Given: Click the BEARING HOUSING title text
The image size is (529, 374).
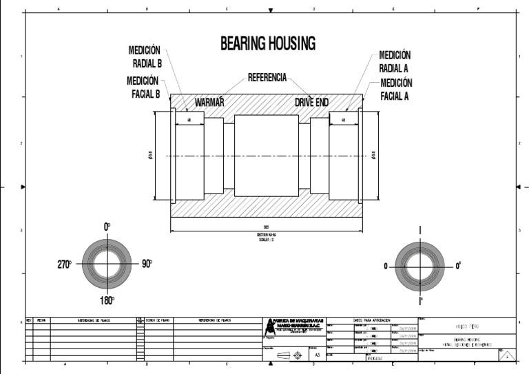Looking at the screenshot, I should [267, 44].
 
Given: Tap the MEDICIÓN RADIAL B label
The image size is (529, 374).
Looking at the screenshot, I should [145, 57].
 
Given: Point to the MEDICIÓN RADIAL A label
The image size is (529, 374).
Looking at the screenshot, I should [395, 61].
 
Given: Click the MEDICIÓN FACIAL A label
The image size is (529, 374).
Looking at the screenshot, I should [395, 90].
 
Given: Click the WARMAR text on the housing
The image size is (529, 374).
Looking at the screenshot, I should [209, 102].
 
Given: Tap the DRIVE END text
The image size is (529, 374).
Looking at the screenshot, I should [311, 102].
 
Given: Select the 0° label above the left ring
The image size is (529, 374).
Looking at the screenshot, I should [107, 227].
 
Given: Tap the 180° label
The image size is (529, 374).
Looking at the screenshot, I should [107, 300].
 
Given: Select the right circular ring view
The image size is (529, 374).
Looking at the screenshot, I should [419, 266].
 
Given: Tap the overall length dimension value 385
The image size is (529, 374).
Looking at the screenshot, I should [266, 227].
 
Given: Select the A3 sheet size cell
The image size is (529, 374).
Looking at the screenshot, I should [317, 355].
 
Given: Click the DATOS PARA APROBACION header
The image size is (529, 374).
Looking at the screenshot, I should [371, 320].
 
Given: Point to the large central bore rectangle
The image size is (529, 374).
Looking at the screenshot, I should [266, 155].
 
